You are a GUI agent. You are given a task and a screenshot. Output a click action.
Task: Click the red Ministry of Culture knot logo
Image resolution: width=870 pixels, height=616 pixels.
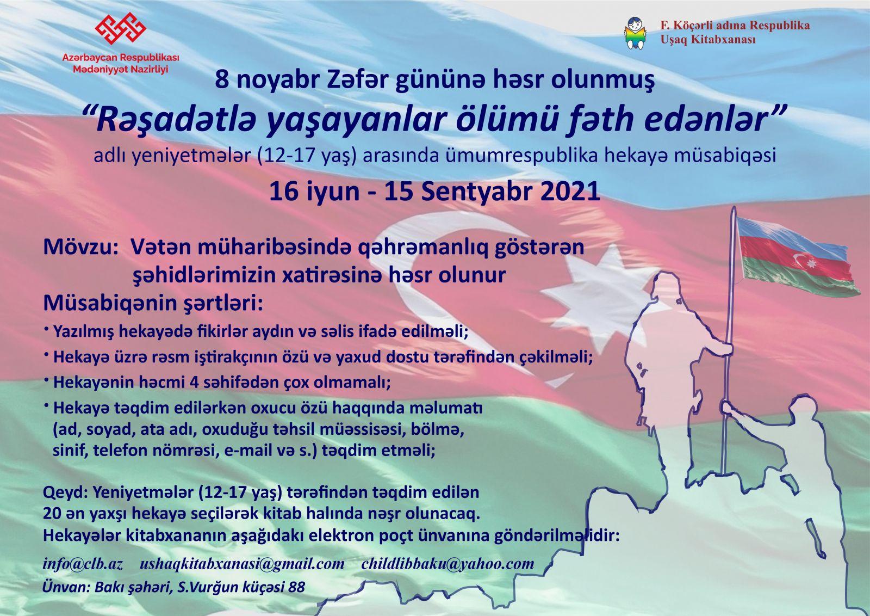tap(120, 28)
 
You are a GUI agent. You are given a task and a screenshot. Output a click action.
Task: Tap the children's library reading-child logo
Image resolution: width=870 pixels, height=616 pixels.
tap(636, 33)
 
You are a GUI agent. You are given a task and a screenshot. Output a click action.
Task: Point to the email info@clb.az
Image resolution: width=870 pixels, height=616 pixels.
tap(83, 564)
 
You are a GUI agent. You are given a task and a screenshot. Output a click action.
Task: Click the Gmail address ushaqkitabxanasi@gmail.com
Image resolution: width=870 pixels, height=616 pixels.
tap(242, 564)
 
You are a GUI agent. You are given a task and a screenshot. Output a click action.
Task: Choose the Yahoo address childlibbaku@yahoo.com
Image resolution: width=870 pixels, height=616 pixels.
tap(448, 564)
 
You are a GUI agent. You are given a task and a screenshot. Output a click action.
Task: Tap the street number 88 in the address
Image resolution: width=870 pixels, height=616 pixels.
tap(296, 587)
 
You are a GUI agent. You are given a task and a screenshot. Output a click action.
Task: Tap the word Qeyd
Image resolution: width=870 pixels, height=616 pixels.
tap(65, 492)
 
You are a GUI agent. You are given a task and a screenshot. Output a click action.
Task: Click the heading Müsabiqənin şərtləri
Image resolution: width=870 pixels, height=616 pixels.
tap(153, 304)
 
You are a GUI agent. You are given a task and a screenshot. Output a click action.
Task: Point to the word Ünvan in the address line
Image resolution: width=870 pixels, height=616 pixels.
tap(66, 587)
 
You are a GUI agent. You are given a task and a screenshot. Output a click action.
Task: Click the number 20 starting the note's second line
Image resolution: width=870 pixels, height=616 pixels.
tap(52, 514)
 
